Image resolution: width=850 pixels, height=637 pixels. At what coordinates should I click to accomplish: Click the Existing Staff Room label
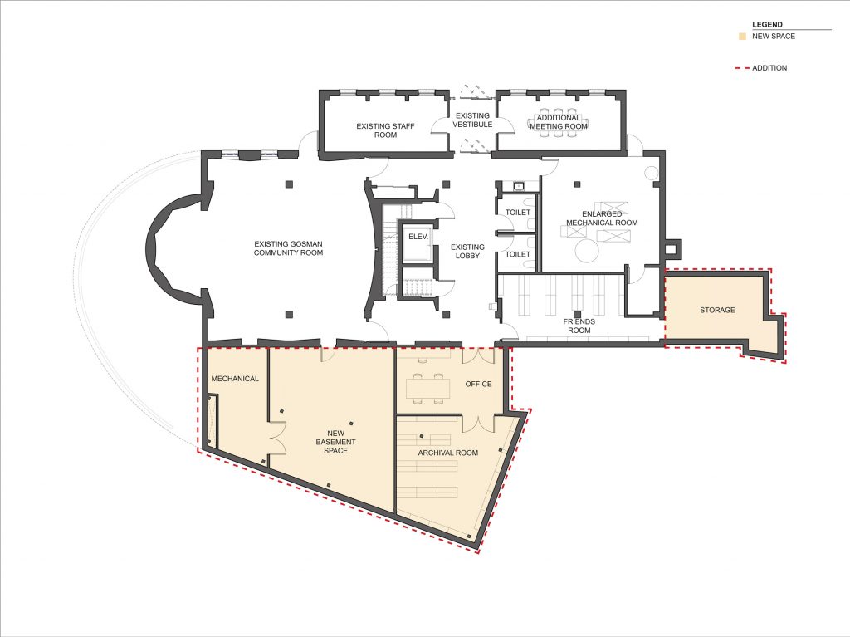coord(385,130)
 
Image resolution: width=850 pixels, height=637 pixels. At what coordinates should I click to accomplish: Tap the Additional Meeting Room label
coord(559,122)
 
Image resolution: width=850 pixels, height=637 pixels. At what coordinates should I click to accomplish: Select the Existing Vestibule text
coord(472,120)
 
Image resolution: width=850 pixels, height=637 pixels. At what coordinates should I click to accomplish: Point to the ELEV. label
coord(418,237)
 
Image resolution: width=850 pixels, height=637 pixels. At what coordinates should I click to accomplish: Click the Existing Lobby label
coord(467,251)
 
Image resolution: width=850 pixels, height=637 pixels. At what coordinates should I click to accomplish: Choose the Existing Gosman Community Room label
coord(288,248)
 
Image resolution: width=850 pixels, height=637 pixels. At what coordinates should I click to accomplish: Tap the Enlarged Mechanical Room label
coord(602,218)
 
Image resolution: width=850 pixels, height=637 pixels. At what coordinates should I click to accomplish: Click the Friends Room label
coord(579,326)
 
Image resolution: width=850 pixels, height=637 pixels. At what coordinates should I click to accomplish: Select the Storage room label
coord(717,310)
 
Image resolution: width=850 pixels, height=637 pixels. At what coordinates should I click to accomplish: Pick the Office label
coord(478,384)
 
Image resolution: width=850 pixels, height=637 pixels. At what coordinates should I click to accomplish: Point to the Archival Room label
coord(447,453)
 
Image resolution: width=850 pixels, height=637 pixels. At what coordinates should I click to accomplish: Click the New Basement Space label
coord(335,442)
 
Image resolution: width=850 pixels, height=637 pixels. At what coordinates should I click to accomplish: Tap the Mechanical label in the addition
coord(235,379)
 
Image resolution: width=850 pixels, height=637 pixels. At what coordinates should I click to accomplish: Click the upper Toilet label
coord(518,212)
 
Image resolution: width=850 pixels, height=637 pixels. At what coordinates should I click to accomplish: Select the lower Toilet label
coord(518,254)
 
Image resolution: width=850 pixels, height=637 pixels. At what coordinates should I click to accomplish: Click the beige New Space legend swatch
coord(742,37)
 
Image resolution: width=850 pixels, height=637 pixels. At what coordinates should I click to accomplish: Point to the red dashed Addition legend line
coord(741,68)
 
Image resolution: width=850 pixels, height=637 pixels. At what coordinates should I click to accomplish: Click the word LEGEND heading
coord(767,24)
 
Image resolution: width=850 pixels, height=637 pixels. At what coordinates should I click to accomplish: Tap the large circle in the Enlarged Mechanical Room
coord(587,251)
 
